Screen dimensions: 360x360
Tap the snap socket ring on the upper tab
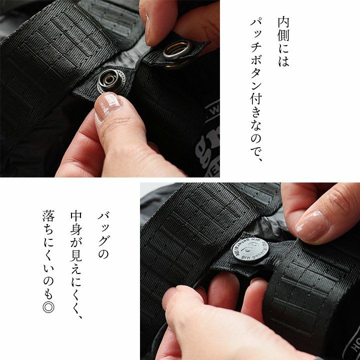(177, 49)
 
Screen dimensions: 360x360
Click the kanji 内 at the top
(284, 22)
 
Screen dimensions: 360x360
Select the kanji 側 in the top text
(284, 35)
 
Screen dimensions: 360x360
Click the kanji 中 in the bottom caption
(76, 216)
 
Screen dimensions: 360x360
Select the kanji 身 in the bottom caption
(76, 229)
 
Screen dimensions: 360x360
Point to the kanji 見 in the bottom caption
(76, 255)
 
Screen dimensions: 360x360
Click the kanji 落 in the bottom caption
(48, 216)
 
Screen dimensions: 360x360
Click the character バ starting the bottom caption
(104, 216)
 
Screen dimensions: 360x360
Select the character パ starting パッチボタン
(256, 22)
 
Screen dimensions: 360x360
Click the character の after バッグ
(104, 254)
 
